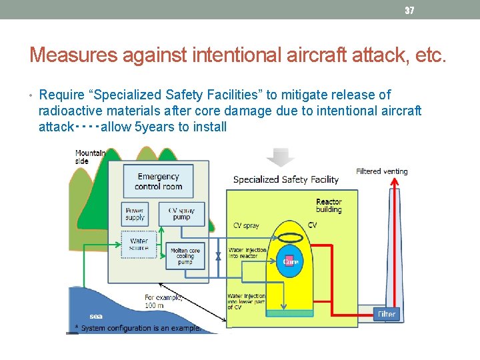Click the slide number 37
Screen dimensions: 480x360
click(409, 11)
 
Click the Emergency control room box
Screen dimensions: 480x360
click(158, 181)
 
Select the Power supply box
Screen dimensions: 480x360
click(135, 214)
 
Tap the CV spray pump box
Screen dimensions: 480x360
click(181, 214)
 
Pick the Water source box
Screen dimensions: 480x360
click(139, 245)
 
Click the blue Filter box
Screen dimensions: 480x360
click(387, 313)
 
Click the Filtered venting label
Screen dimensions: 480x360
click(381, 171)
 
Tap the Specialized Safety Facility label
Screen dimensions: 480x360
click(285, 179)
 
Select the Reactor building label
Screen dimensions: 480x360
click(329, 206)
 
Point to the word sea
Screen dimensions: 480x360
click(96, 316)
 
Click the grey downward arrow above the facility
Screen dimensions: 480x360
click(280, 157)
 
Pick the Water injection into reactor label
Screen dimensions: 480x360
click(247, 253)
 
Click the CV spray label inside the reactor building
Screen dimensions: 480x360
click(246, 225)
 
